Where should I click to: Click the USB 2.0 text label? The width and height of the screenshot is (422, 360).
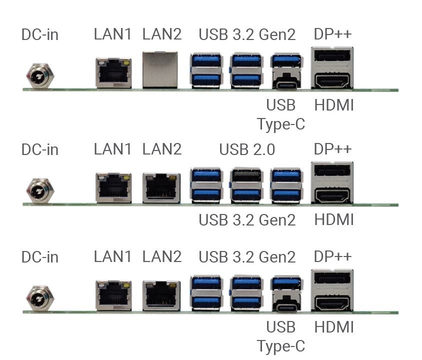pyautogui.click(x=247, y=149)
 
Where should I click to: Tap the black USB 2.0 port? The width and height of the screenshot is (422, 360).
pyautogui.click(x=246, y=176)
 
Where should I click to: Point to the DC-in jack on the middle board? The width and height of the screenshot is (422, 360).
pyautogui.click(x=40, y=190)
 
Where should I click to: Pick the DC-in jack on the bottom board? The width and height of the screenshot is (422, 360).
pyautogui.click(x=40, y=297)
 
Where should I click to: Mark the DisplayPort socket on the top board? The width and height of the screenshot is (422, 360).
pyautogui.click(x=332, y=55)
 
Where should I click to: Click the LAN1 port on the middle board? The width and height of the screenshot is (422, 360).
pyautogui.click(x=113, y=187)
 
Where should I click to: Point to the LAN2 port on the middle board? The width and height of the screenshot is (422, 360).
pyautogui.click(x=161, y=187)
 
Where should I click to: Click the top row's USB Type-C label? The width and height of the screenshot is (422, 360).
pyautogui.click(x=281, y=114)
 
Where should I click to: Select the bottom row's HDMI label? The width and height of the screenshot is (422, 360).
pyautogui.click(x=334, y=327)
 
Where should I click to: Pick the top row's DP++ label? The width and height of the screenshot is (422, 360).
pyautogui.click(x=332, y=34)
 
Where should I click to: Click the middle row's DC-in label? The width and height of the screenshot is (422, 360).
pyautogui.click(x=40, y=149)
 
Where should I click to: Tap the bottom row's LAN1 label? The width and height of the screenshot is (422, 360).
pyautogui.click(x=113, y=257)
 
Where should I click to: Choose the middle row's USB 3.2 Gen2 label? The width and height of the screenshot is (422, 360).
pyautogui.click(x=247, y=220)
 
